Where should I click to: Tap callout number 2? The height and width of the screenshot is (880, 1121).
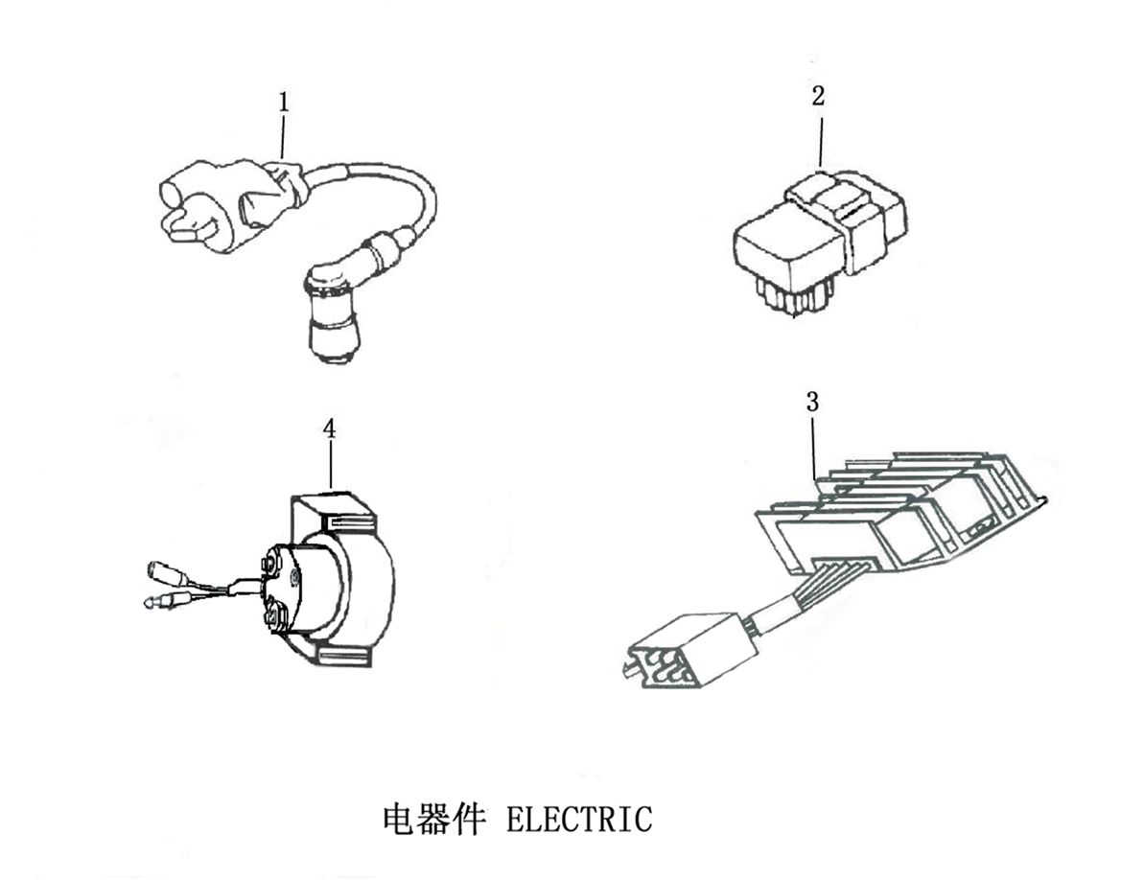pos(817,96)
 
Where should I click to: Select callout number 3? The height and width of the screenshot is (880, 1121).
pos(813,403)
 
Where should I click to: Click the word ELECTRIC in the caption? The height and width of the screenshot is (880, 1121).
pos(578,821)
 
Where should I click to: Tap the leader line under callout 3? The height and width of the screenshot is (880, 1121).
pos(814,446)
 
